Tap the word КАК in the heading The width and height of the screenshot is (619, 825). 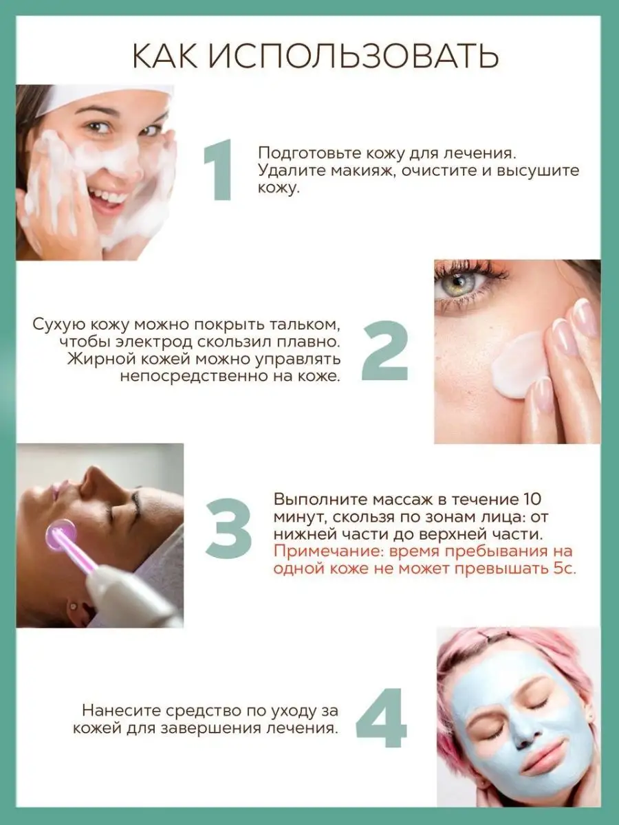165,57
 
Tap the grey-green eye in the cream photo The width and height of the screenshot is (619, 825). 458,282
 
